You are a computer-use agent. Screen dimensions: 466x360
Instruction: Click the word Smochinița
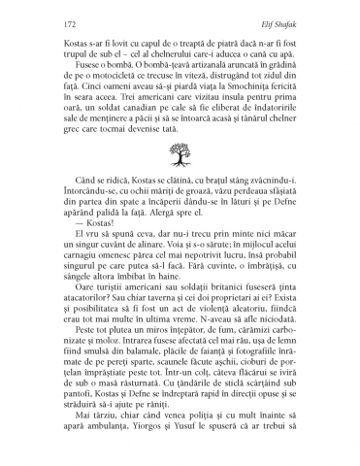point(236,84)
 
